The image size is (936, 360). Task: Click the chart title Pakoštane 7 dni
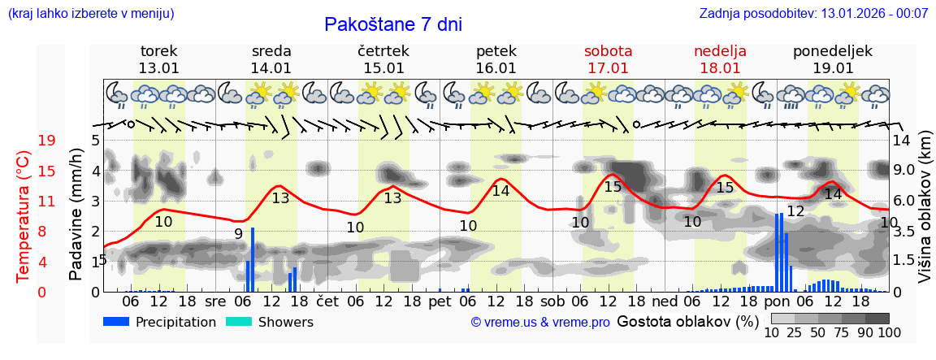pos(392,24)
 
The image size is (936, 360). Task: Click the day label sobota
pos(608,51)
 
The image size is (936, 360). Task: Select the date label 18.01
pos(720,68)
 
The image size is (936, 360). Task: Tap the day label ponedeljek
pos(833,51)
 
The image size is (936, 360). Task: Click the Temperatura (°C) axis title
pos(24,215)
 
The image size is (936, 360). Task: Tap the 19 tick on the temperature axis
pos(46,141)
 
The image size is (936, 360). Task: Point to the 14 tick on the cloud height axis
pos(901,141)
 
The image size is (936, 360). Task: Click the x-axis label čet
pos(327,301)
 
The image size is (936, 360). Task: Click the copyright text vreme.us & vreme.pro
pos(540,323)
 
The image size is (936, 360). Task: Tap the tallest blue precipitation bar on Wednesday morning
pos(253,259)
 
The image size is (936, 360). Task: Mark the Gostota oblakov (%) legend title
pos(687,321)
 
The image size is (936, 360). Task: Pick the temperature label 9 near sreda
pos(238,234)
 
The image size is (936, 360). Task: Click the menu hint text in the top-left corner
pos(90,14)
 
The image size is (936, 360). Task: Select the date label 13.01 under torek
pos(158,68)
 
